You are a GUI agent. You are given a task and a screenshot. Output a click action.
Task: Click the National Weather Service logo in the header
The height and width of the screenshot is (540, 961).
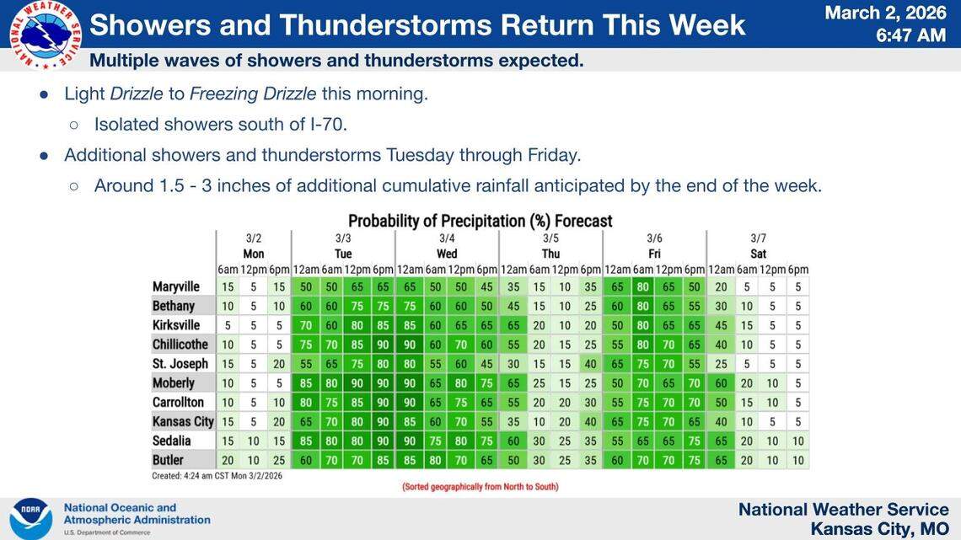(x=46, y=35)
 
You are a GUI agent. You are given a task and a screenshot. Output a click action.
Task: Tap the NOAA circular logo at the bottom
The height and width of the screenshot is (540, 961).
(x=30, y=518)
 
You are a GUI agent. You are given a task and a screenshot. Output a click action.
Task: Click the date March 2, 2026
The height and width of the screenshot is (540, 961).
(x=885, y=13)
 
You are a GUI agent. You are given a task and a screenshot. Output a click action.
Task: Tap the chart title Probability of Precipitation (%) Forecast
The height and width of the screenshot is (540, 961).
(x=480, y=221)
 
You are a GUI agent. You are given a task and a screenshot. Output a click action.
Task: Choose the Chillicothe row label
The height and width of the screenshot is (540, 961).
(x=180, y=345)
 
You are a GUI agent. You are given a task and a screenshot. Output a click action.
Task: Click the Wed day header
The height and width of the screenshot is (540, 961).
(x=447, y=254)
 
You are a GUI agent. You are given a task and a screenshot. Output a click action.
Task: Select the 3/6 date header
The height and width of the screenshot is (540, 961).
(x=654, y=238)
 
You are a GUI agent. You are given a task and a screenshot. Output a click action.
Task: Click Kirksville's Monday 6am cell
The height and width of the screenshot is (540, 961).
(x=228, y=325)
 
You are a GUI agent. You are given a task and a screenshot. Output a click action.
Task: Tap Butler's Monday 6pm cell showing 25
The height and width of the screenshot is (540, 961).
(x=279, y=461)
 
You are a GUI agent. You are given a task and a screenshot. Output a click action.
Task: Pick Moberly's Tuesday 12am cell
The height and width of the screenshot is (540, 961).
(x=305, y=383)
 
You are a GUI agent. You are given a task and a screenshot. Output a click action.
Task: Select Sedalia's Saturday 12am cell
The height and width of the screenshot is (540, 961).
(x=721, y=441)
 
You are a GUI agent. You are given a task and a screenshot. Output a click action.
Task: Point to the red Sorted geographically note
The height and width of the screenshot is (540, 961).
(x=480, y=487)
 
